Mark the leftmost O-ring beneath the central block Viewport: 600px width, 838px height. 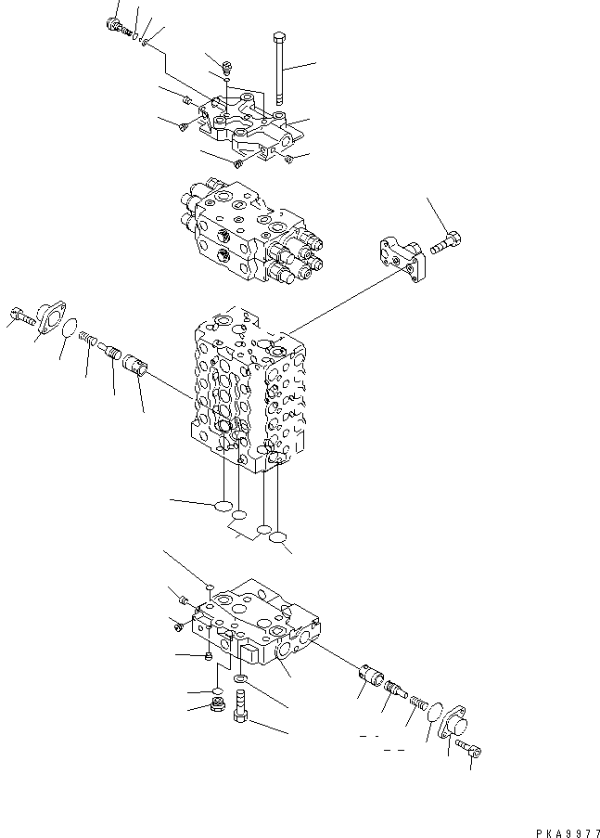pyautogui.click(x=222, y=507)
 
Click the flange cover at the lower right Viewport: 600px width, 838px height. pyautogui.click(x=454, y=728)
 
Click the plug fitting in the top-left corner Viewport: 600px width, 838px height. pyautogui.click(x=116, y=25)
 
